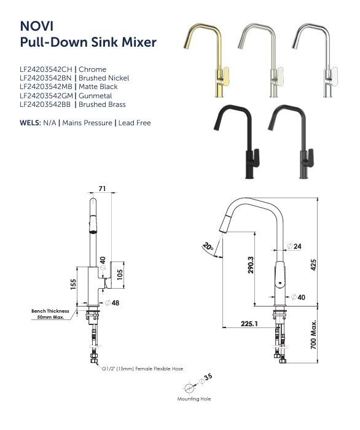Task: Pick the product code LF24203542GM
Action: (47, 96)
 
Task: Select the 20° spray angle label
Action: (208, 248)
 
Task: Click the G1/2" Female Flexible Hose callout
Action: (143, 369)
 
